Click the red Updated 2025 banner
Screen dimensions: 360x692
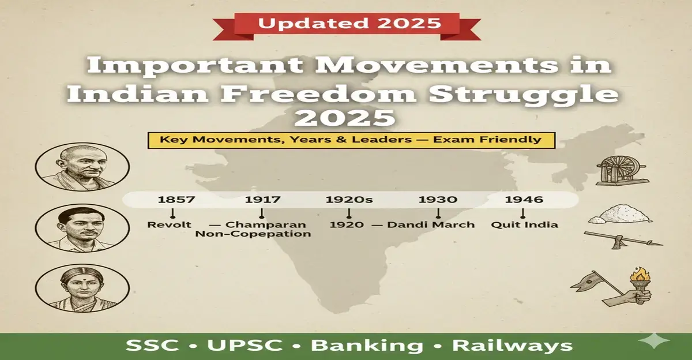[349, 24]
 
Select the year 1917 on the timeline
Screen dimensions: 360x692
[262, 200]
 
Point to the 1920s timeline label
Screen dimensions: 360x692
[349, 200]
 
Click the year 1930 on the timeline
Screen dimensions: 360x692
[438, 200]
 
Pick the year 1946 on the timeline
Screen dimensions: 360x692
[524, 200]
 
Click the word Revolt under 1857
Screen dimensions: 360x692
[169, 224]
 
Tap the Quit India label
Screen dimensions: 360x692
[524, 224]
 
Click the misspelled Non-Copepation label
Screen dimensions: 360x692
[253, 234]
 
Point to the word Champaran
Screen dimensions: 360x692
[266, 224]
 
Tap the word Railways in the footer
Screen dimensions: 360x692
[512, 346]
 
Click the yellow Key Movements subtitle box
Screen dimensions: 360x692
[351, 140]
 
